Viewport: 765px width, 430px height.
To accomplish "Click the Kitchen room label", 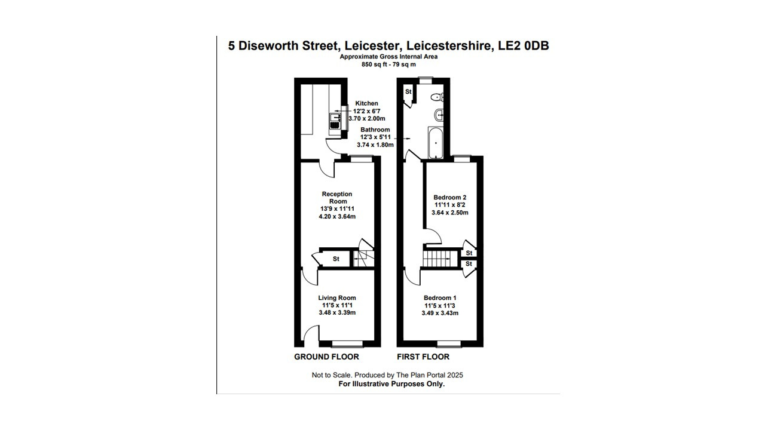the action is [x=366, y=103].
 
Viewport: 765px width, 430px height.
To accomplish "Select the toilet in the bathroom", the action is [x=437, y=97].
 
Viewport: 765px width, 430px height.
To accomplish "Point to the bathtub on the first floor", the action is [x=436, y=143].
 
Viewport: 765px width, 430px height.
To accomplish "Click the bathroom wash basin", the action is [x=439, y=115].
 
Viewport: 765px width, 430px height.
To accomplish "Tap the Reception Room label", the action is [x=337, y=198].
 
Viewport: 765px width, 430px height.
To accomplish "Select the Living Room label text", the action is [x=337, y=298].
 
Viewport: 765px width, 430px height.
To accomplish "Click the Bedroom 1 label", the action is [x=440, y=298].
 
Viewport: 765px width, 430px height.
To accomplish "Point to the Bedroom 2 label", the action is [x=450, y=197].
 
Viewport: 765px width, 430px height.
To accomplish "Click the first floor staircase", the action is [x=440, y=259].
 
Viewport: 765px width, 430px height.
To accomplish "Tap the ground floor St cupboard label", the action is [x=336, y=259].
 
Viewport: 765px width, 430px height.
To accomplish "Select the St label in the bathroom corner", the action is [x=408, y=92].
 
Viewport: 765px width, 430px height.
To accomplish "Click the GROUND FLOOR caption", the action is [x=326, y=357].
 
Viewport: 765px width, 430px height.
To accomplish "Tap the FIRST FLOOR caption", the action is [x=423, y=357].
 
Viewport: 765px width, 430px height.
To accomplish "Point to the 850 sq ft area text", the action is [x=375, y=64].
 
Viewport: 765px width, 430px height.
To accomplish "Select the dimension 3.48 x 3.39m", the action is [x=337, y=312].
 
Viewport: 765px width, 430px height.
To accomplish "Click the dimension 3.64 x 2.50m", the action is [x=450, y=213].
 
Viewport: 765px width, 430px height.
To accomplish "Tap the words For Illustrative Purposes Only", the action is [x=391, y=384].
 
